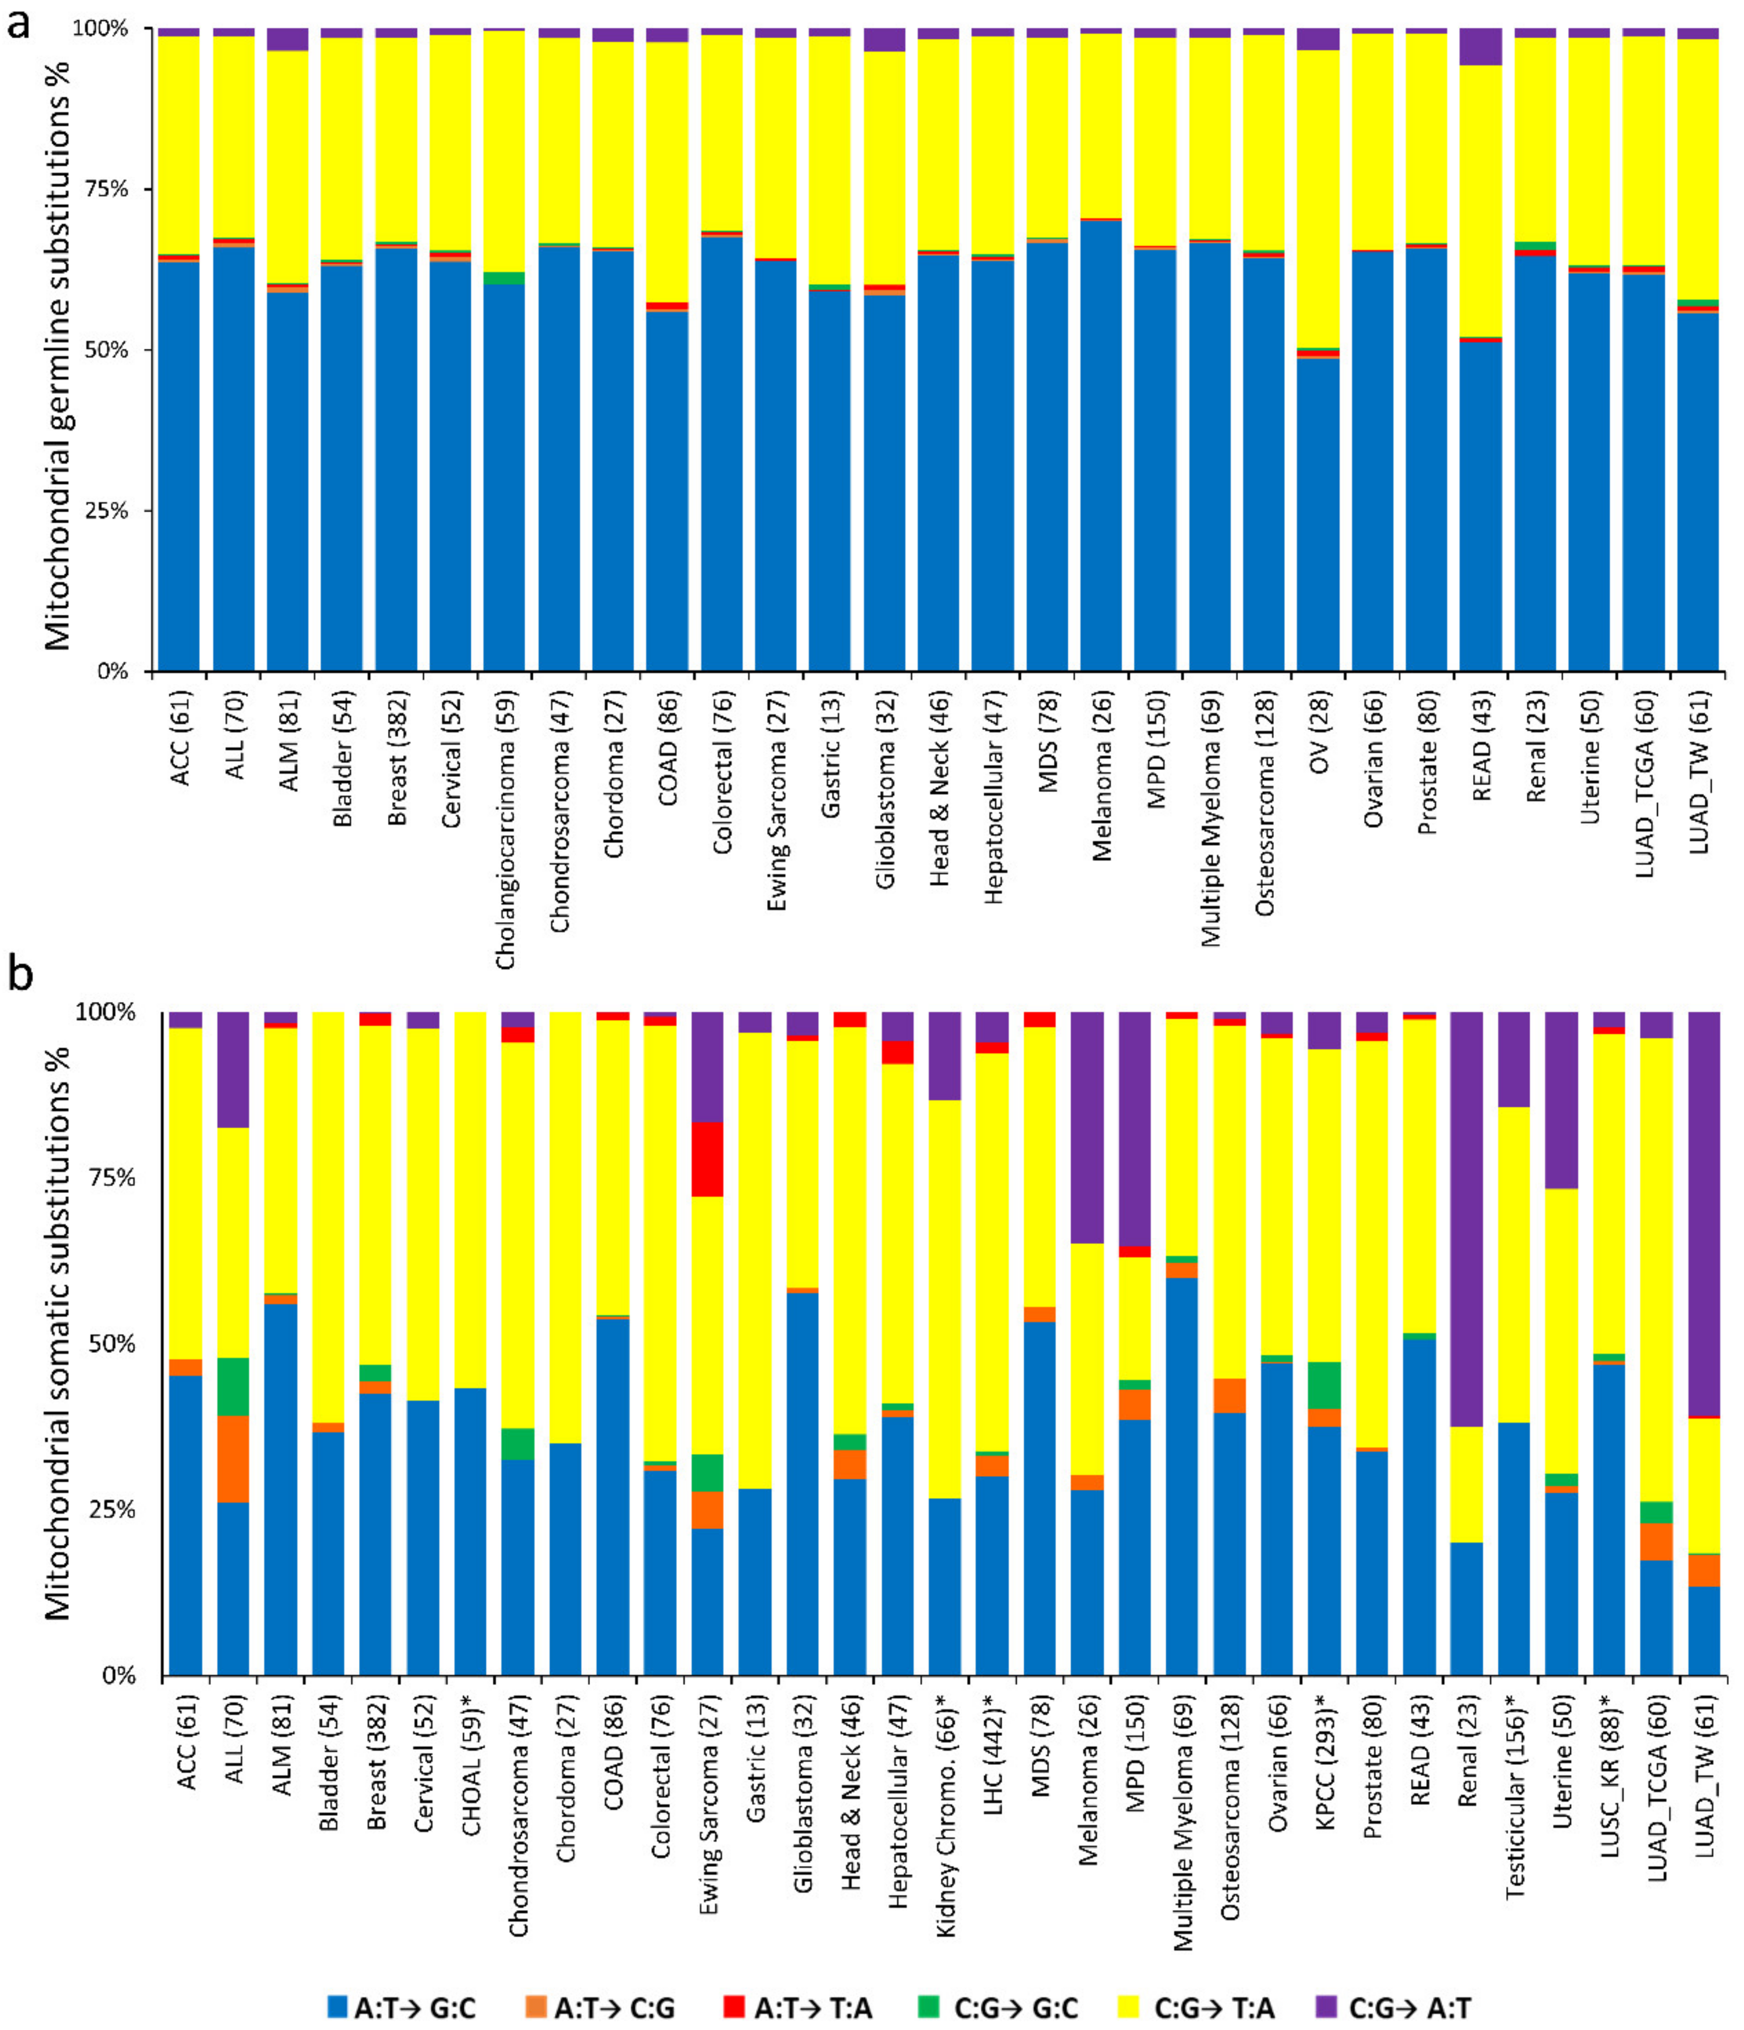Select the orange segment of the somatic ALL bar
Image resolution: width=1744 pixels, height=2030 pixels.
pyautogui.click(x=233, y=1459)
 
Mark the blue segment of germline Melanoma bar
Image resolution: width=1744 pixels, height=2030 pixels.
pyautogui.click(x=1100, y=446)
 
